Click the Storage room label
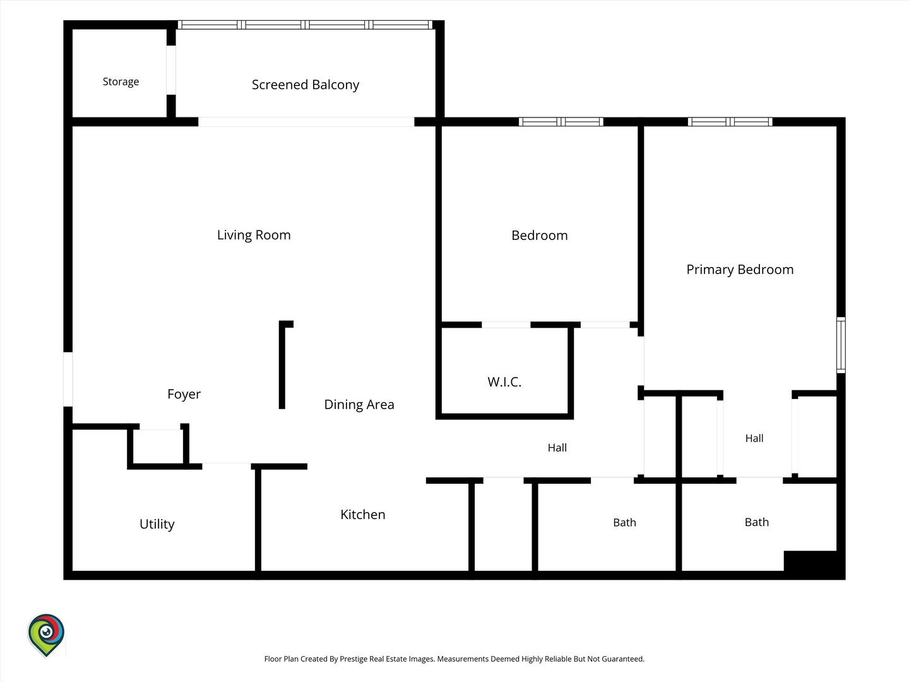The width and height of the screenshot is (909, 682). (121, 82)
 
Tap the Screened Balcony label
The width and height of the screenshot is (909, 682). (305, 85)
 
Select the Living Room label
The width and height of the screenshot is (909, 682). (253, 235)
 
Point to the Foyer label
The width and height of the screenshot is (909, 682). (184, 394)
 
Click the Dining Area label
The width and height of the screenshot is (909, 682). (359, 405)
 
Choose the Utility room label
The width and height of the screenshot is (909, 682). (157, 524)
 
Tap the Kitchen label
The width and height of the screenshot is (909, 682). (362, 514)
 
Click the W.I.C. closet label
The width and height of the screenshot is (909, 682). (504, 382)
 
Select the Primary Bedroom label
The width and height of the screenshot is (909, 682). (740, 270)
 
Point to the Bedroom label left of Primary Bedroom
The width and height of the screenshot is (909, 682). (539, 235)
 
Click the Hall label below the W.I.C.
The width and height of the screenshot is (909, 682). (557, 448)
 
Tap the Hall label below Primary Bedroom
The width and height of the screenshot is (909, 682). (754, 438)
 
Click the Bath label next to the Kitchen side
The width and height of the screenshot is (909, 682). (624, 523)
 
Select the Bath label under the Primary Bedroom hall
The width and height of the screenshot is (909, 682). (757, 522)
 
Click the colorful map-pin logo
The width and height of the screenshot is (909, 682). (46, 635)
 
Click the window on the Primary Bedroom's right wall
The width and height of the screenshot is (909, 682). (841, 345)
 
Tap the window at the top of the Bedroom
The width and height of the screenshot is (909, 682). (561, 122)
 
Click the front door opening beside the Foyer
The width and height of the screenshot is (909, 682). (68, 379)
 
